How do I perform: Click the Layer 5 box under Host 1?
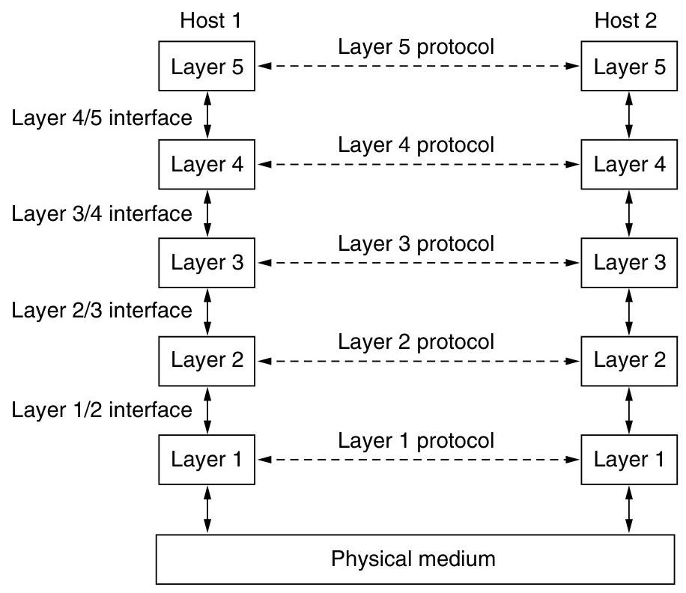pos(207,67)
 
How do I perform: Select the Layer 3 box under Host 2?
pos(629,263)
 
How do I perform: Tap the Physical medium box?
pos(413,559)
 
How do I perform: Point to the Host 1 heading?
pos(211,20)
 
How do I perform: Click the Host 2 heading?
pos(626,20)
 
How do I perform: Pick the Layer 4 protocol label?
pos(416,145)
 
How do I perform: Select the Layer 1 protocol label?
pos(416,440)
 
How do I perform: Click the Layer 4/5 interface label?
pos(102,117)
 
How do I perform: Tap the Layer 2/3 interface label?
pos(102,310)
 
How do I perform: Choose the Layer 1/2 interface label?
pos(102,410)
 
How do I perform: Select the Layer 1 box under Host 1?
pos(207,459)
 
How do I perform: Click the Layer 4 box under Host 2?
pos(629,165)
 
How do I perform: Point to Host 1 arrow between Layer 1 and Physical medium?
pos(208,509)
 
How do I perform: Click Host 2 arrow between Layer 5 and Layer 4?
pos(629,115)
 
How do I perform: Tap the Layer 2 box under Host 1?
pos(207,360)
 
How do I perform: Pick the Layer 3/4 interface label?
pos(102,213)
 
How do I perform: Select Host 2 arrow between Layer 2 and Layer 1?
pos(629,410)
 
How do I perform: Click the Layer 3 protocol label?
pos(416,243)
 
